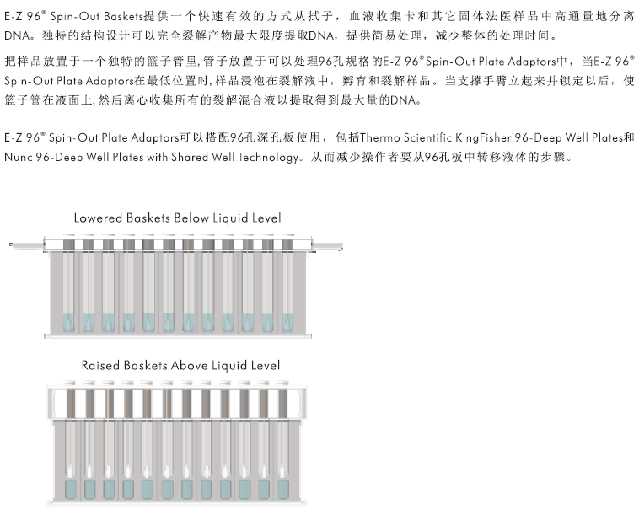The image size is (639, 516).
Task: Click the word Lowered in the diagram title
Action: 98,218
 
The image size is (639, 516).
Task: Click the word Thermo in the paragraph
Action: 380,137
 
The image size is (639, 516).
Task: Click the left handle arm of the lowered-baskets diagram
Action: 27,245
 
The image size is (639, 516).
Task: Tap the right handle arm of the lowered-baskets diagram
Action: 327,246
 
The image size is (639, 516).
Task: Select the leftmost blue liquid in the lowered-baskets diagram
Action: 68,322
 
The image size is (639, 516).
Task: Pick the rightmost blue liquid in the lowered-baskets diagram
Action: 287,322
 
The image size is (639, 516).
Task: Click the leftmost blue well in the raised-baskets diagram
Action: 71,490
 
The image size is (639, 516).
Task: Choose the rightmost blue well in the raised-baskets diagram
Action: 283,490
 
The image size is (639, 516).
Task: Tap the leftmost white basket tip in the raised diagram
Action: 71,471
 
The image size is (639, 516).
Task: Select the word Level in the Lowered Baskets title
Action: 266,218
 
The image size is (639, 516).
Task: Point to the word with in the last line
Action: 157,157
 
